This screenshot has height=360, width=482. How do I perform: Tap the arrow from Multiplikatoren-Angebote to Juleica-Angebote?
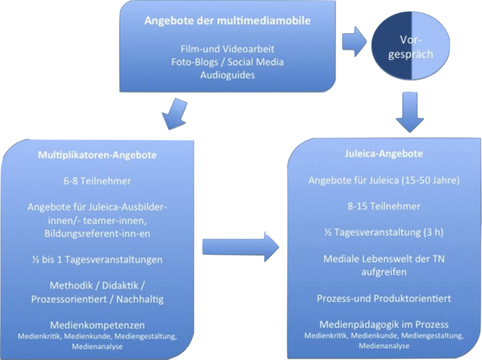[x=242, y=247]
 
